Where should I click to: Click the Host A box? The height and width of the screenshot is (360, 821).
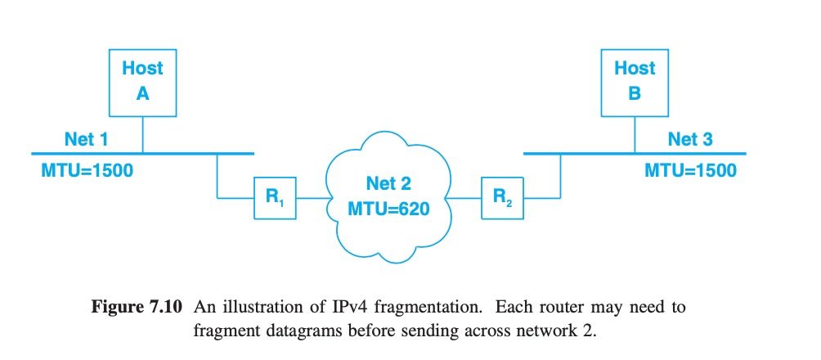point(142,81)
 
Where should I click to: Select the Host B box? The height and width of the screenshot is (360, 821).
point(635,81)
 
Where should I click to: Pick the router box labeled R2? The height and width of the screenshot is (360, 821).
point(502,197)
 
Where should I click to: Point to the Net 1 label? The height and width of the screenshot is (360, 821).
point(86,139)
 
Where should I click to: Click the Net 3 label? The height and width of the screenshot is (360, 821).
point(689,139)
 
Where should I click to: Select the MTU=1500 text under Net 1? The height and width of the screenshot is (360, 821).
point(87,171)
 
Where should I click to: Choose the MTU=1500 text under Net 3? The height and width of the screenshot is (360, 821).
point(690,171)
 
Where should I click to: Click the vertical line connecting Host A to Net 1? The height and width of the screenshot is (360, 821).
point(143,133)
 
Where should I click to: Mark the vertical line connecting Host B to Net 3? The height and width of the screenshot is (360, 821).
point(635,133)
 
